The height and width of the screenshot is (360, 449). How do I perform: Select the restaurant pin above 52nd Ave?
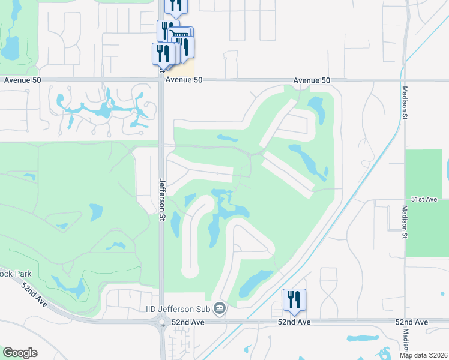294,299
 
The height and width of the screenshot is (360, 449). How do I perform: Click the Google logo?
20,353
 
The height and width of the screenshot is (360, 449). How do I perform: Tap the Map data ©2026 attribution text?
424,355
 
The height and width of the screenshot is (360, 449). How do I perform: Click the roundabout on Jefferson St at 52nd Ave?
163,323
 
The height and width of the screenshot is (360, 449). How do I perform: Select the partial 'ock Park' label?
16,274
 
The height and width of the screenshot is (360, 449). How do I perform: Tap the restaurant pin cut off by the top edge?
176,5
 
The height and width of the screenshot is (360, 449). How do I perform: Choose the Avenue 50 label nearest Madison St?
312,80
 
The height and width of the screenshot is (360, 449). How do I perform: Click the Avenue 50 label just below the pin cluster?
184,80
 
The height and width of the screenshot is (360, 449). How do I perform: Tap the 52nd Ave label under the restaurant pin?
294,322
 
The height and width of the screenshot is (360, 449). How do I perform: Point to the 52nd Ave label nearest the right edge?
412,322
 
